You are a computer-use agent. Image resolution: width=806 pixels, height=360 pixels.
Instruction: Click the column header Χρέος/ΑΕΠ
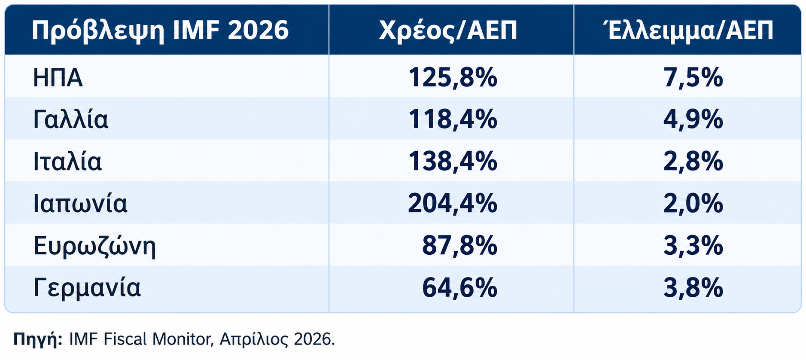point(448,31)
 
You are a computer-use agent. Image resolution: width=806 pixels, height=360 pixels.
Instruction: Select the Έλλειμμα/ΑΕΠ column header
point(691,30)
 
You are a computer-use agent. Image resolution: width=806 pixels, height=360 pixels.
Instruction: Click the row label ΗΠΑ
point(58,78)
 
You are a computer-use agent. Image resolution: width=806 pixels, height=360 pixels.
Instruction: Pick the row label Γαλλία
point(71,119)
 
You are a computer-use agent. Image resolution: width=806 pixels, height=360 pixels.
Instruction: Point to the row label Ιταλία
point(67,162)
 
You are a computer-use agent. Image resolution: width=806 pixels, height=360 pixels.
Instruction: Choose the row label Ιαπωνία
point(80,204)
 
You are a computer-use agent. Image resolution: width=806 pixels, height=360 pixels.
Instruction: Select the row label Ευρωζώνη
point(94,246)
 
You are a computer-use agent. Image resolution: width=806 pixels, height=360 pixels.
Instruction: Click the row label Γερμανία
point(87,288)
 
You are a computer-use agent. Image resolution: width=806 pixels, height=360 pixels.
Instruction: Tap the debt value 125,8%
point(453,78)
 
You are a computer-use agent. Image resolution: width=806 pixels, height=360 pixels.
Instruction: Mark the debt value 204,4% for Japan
point(453,203)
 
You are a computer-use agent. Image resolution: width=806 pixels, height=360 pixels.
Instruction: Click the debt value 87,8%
point(459,245)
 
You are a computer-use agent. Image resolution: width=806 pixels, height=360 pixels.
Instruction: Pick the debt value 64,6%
point(459,287)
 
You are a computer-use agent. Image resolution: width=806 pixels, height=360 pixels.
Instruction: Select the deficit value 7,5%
point(693,78)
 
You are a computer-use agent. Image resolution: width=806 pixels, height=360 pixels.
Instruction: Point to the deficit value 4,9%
point(693,119)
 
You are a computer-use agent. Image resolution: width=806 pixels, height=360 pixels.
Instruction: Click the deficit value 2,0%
point(693,203)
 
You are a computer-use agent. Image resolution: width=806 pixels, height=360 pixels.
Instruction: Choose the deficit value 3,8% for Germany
point(693,287)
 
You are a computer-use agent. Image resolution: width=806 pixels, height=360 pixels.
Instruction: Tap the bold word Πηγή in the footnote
point(38,339)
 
